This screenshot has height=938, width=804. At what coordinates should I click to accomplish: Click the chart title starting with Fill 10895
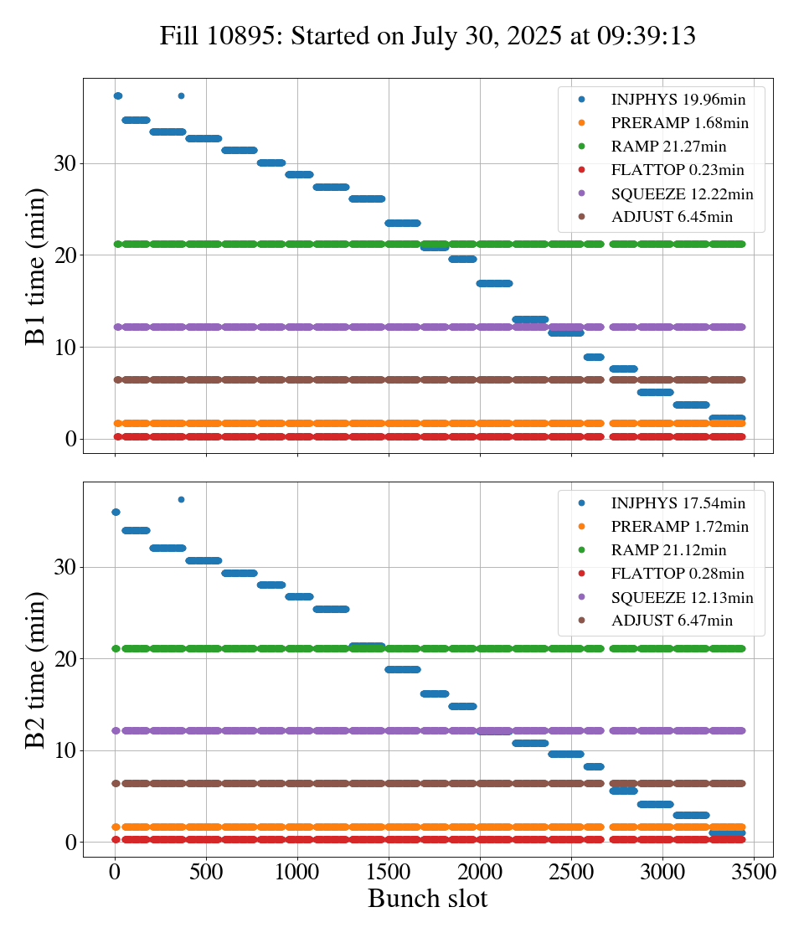click(x=428, y=36)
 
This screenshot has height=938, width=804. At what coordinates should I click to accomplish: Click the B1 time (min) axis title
click(x=36, y=266)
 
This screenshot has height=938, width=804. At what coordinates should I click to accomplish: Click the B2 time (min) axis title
click(x=36, y=670)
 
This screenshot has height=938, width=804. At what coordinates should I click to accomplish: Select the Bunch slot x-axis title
click(x=427, y=899)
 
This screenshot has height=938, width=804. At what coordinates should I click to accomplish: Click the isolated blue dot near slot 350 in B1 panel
click(x=181, y=95)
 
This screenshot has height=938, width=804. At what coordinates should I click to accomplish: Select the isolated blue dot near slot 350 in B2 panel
click(x=181, y=499)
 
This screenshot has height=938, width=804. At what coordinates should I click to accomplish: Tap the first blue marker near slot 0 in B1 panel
click(x=117, y=95)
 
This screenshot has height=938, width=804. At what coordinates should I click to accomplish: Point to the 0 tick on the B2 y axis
click(x=70, y=842)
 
